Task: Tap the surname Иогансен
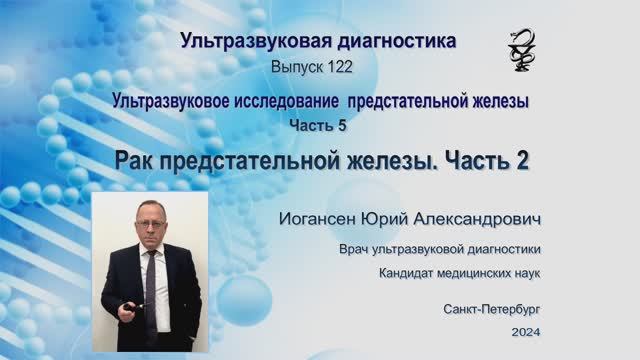point(323,217)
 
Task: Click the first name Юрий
point(395,217)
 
